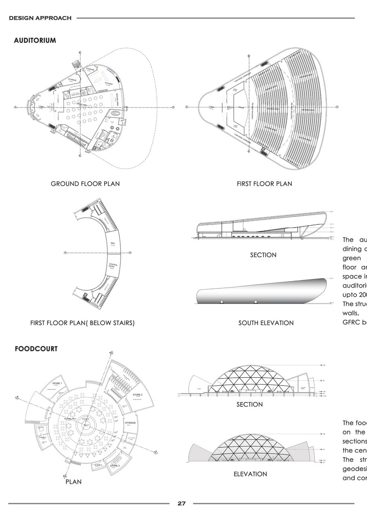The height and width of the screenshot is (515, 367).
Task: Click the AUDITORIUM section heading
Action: [x=35, y=40]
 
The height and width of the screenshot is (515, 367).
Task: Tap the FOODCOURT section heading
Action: [x=36, y=349]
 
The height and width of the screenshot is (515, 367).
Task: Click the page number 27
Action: [x=181, y=503]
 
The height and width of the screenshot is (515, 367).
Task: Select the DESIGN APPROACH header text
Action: [x=40, y=18]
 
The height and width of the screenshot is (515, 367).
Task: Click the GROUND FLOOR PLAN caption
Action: [x=85, y=183]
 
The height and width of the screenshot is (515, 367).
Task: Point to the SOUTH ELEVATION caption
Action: [x=266, y=323]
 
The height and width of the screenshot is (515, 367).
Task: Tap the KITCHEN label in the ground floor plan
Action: [x=108, y=84]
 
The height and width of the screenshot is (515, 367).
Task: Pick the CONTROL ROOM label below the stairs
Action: [x=113, y=266]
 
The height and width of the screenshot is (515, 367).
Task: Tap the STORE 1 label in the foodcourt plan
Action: [x=57, y=383]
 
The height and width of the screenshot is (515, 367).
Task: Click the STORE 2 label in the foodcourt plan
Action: [x=137, y=395]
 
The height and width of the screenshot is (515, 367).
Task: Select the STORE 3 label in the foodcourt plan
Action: [x=115, y=466]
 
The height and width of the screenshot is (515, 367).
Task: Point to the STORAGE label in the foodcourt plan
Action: [x=130, y=423]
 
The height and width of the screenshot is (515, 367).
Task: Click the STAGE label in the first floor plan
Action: [x=241, y=107]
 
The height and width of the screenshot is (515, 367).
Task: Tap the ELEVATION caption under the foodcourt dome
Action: [x=250, y=474]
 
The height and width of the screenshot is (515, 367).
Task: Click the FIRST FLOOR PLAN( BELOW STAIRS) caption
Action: [x=82, y=323]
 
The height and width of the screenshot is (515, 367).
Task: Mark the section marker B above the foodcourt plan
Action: [x=111, y=352]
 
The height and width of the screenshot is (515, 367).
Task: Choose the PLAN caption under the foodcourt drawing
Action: [x=73, y=481]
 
